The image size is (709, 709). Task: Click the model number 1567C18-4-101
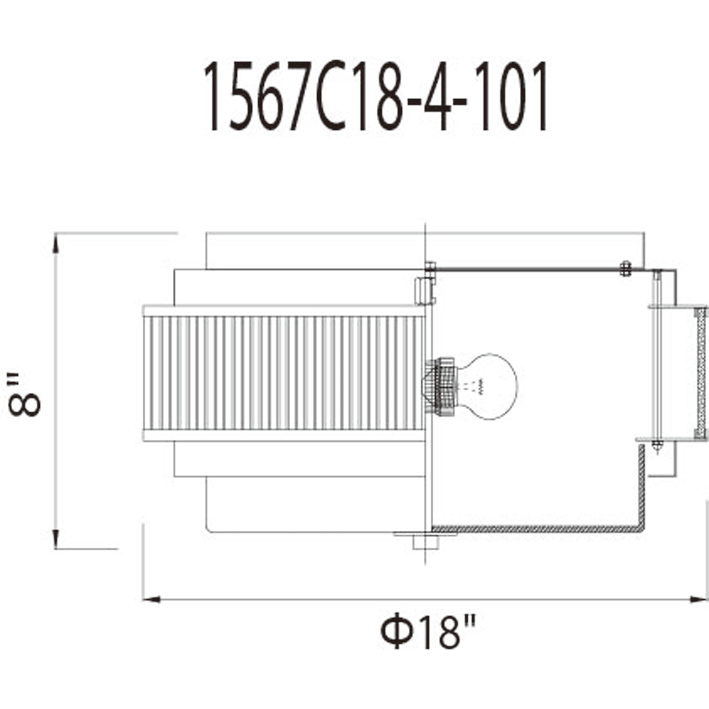[375, 96]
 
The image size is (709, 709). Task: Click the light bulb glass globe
[488, 386]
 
